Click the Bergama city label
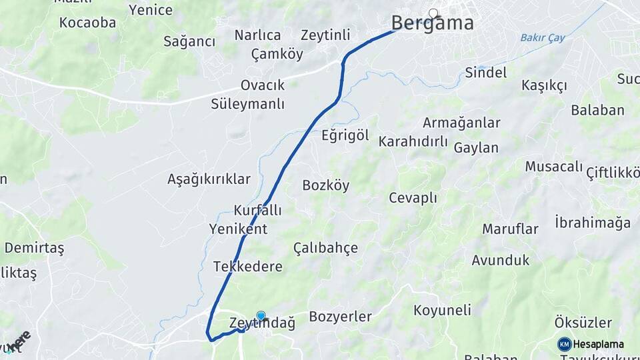(x=432, y=23)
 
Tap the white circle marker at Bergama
(x=433, y=13)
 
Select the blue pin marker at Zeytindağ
(x=261, y=316)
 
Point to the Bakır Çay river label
(x=543, y=37)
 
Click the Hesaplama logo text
(x=598, y=344)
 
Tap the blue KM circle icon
(x=564, y=344)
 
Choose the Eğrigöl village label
(x=345, y=135)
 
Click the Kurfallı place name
(x=257, y=210)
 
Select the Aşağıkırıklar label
(x=209, y=179)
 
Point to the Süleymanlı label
(x=247, y=104)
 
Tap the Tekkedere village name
(x=247, y=267)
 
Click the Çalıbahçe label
(x=325, y=248)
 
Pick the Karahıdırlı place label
(x=413, y=141)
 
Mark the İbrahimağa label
(x=592, y=222)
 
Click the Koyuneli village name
(x=442, y=310)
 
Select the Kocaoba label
(x=87, y=23)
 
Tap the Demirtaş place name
(x=34, y=248)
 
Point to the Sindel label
(x=485, y=72)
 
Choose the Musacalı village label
(x=553, y=166)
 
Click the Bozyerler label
(x=340, y=317)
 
